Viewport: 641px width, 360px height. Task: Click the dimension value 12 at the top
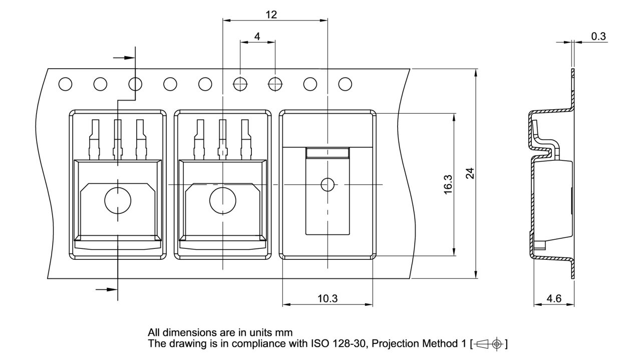[271, 15]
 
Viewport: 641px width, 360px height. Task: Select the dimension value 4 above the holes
[257, 36]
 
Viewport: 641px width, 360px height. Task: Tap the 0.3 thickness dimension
[598, 36]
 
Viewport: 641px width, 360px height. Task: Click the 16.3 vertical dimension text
[448, 185]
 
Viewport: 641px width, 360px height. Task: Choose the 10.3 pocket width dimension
[328, 299]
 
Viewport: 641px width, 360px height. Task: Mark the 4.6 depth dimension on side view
[554, 299]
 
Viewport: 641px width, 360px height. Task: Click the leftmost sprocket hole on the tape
[65, 84]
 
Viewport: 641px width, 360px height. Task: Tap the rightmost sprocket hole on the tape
[345, 84]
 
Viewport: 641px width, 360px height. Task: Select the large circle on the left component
[118, 200]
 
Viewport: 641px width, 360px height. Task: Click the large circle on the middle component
[222, 200]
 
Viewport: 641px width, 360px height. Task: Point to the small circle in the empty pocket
[328, 185]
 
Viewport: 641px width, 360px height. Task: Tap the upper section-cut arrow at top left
[124, 58]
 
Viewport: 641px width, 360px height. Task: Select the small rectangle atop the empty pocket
[328, 152]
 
